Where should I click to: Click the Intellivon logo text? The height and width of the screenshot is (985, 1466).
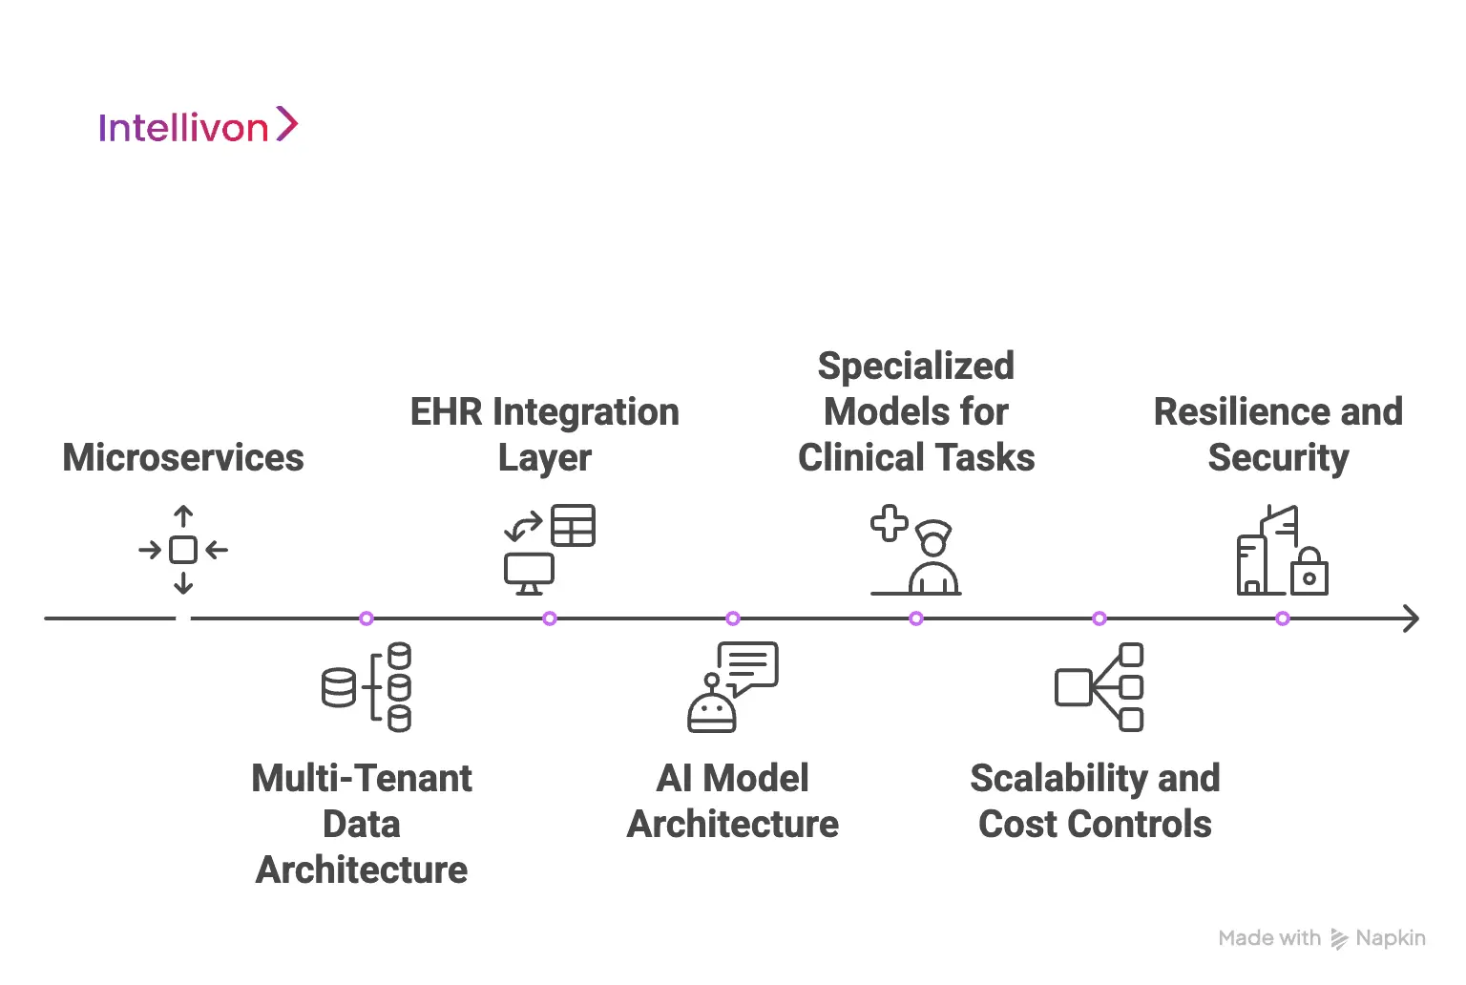183,128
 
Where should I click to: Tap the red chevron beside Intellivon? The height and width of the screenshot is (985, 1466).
287,124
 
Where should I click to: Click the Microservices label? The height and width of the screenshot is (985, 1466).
183,457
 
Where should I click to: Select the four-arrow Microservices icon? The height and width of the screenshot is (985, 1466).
183,550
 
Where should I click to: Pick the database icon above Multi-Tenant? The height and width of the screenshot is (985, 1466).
366,687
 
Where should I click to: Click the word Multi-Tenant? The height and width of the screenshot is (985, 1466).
362,778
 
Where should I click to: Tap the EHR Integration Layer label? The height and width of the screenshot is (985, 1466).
544,434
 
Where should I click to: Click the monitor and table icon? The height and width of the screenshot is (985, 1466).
550,550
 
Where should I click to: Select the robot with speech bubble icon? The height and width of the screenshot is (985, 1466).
732,687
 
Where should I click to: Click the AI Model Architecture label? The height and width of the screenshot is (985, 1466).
732,801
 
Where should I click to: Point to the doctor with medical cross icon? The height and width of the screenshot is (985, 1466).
914,550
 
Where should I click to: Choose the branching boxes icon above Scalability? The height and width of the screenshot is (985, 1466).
1099,687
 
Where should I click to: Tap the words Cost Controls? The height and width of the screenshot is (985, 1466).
1095,824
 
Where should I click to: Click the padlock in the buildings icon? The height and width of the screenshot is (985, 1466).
1309,573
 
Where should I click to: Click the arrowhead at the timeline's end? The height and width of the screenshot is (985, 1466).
1412,618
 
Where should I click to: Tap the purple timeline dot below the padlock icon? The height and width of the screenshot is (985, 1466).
1283,618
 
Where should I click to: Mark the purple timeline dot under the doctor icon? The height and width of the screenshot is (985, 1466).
916,618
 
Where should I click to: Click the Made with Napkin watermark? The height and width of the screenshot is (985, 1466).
1322,938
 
